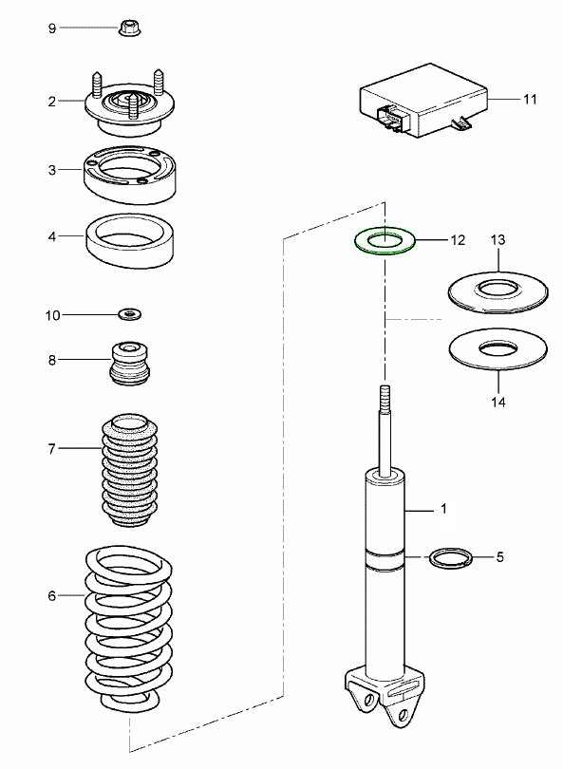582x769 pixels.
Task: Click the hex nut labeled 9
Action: [x=128, y=28]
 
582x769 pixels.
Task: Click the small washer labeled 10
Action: [x=128, y=312]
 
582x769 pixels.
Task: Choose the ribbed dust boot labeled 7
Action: [x=127, y=471]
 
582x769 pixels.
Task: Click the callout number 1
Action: [x=442, y=509]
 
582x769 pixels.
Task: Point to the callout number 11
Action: [x=530, y=97]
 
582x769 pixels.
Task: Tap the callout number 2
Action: [x=52, y=100]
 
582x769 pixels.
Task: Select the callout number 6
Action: [x=51, y=596]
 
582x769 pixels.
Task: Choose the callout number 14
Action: [x=498, y=401]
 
